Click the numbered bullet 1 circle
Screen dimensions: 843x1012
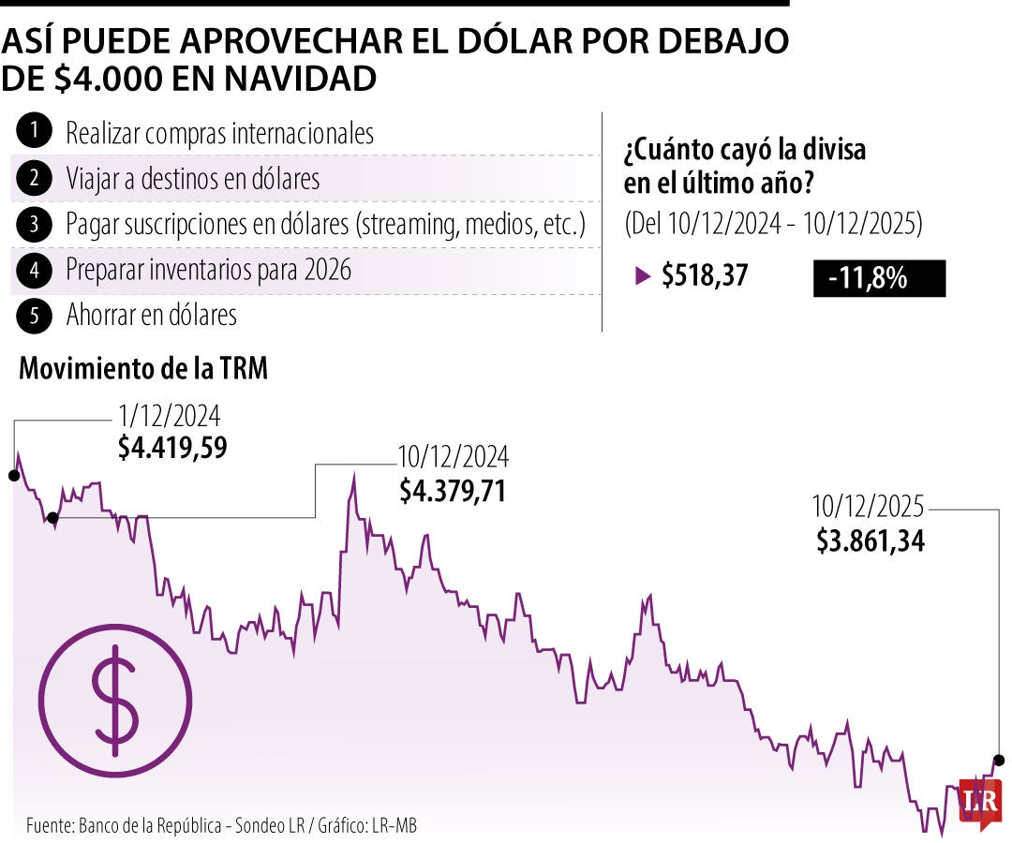click(x=34, y=133)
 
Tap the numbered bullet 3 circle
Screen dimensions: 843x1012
click(x=34, y=224)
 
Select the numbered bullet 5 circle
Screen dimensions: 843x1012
click(x=34, y=316)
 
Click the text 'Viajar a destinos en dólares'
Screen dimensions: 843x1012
click(x=192, y=178)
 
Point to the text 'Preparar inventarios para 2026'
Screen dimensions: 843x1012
click(x=208, y=270)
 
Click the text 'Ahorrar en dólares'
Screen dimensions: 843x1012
click(x=151, y=316)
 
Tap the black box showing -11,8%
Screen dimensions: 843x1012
click(x=879, y=278)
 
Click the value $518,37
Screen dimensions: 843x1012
click(x=705, y=276)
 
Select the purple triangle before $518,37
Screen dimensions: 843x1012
click(x=642, y=276)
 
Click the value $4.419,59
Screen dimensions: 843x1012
click(x=172, y=448)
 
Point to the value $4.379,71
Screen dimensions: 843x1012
click(x=453, y=490)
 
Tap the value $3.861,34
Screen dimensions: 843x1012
click(x=871, y=540)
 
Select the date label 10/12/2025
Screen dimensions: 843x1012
click(x=868, y=508)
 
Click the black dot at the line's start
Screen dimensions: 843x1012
click(x=13, y=476)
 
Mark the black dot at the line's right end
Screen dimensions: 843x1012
click(x=999, y=760)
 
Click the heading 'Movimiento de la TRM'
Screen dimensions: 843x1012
click(x=143, y=369)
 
